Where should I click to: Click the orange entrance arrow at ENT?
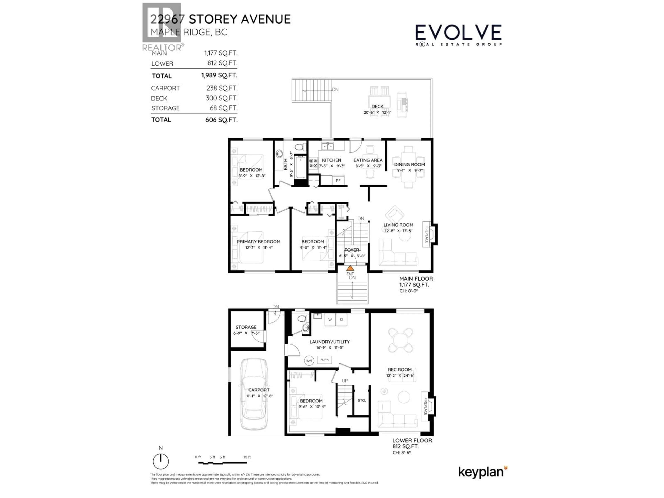click(350, 268)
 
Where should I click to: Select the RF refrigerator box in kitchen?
click(338, 180)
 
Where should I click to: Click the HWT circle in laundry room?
click(309, 361)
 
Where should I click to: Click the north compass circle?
click(161, 461)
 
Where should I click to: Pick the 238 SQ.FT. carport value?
click(222, 88)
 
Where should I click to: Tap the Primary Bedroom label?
click(259, 241)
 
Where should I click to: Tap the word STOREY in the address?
click(213, 19)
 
